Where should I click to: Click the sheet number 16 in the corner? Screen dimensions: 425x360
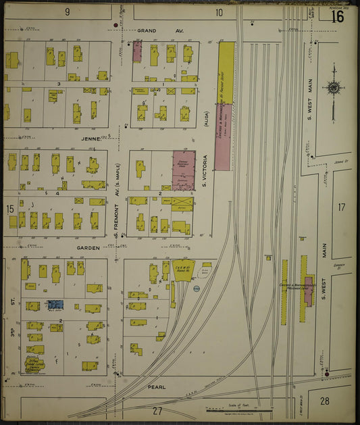point(337,16)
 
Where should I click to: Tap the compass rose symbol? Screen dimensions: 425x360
point(334,86)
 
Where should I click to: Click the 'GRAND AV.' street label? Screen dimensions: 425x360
point(151,31)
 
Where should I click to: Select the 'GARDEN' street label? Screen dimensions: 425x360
point(88,248)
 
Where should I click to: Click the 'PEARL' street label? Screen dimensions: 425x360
point(157,388)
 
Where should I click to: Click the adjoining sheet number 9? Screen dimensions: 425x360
point(68,12)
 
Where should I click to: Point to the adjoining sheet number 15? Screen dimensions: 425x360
point(10,209)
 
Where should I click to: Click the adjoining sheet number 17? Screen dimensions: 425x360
point(341,207)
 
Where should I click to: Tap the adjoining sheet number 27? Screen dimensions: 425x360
point(157,410)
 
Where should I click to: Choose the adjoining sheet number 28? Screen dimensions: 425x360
point(324,401)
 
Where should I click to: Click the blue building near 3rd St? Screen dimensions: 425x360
point(55,305)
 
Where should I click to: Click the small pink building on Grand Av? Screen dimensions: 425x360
point(137,52)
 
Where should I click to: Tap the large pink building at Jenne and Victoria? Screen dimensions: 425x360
point(183,170)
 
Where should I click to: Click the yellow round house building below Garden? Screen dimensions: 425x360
point(182,267)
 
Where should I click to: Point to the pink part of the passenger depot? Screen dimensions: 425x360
point(309,290)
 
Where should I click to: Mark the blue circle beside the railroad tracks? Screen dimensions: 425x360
point(197,289)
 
